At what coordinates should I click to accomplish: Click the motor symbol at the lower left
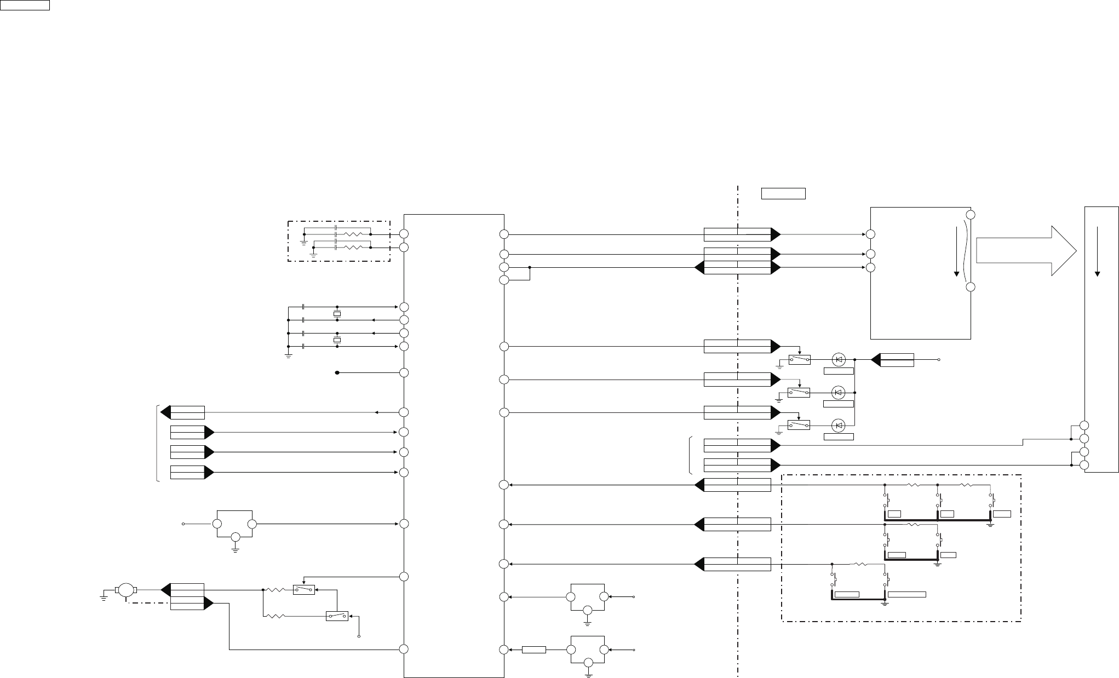click(x=127, y=590)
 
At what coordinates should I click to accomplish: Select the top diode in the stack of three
click(x=839, y=360)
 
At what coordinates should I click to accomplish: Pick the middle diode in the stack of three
click(x=839, y=392)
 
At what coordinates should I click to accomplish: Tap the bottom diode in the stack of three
click(x=839, y=425)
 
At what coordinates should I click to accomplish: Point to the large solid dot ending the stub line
click(x=337, y=373)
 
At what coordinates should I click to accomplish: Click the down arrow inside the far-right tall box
click(x=1097, y=252)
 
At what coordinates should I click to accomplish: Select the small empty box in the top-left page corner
click(x=25, y=5)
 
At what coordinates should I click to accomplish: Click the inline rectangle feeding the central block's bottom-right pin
click(x=533, y=650)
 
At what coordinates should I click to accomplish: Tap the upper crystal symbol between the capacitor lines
click(x=337, y=313)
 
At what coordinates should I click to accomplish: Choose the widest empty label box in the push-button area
click(x=906, y=594)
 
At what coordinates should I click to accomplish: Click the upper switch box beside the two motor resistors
click(x=304, y=590)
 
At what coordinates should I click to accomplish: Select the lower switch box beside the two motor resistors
click(x=337, y=616)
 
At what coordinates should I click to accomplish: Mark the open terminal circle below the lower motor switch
click(x=359, y=636)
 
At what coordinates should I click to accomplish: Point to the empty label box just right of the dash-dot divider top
click(x=783, y=193)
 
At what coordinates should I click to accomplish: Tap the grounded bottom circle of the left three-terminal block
click(x=235, y=537)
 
